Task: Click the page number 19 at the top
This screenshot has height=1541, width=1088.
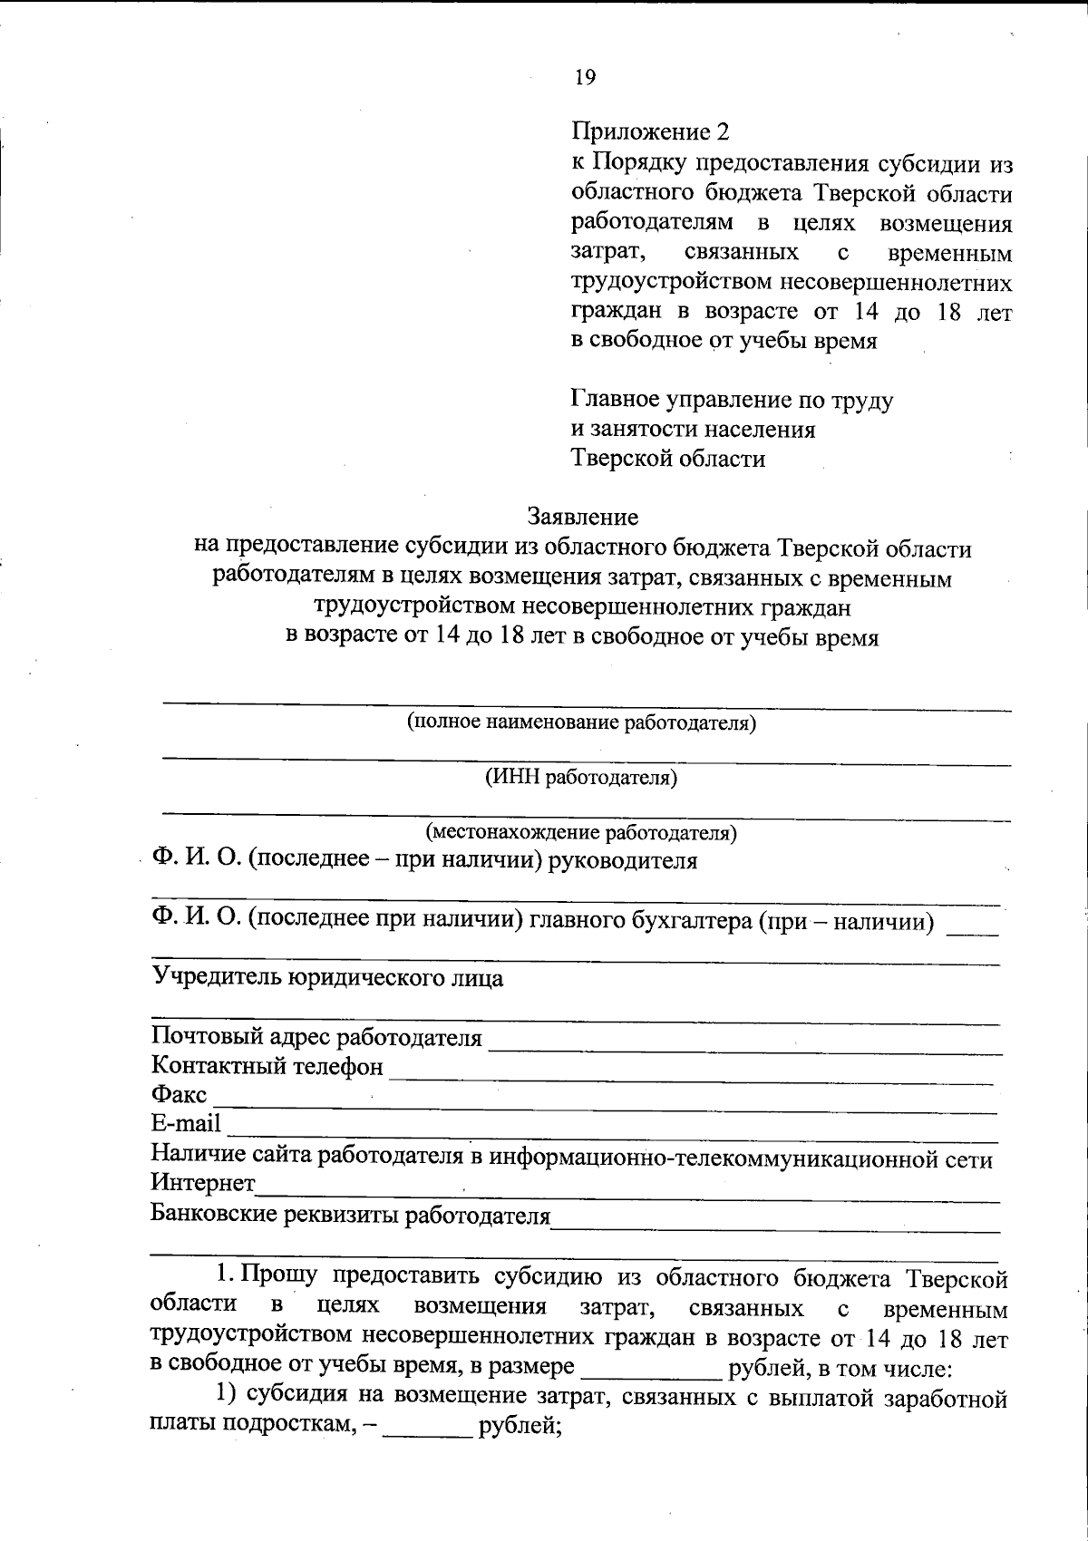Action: (585, 78)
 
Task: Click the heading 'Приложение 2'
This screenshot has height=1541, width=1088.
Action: (650, 132)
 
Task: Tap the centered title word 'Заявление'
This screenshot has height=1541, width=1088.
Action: (583, 517)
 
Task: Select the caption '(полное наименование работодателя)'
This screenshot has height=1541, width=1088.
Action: (581, 722)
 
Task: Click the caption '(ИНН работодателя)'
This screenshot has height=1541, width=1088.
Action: (581, 777)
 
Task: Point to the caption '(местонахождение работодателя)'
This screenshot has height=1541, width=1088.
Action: (581, 831)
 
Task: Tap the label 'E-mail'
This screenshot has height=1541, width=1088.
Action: (186, 1124)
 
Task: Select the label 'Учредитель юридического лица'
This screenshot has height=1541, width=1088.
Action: (327, 978)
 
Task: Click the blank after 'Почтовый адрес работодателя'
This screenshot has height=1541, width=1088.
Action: (743, 1045)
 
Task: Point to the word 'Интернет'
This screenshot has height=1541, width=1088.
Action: (203, 1184)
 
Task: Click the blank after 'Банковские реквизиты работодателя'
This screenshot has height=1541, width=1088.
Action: (775, 1223)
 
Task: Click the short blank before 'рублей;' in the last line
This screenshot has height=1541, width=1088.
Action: (427, 1430)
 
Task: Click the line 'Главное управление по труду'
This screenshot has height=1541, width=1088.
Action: (732, 400)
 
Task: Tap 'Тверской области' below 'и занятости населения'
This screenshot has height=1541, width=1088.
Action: (668, 459)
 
